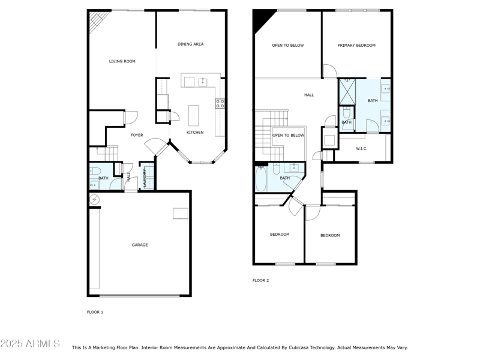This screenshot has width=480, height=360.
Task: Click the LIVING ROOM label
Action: point(122,61)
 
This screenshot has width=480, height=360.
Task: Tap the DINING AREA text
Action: point(190,44)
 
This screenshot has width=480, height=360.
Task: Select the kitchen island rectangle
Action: point(193,115)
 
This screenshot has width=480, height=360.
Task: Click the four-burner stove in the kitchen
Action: point(220,103)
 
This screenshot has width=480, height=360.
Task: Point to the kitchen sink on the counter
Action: point(203,82)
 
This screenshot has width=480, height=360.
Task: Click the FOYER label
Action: point(137,135)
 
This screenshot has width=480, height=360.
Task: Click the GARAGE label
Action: point(140,245)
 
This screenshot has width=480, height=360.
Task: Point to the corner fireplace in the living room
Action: point(96,23)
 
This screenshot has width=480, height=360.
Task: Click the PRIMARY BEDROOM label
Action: point(356,46)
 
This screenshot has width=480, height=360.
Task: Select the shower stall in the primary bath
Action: point(347,91)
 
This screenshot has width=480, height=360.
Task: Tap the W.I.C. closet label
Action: point(361,148)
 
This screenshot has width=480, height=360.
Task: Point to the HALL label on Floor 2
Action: point(309,95)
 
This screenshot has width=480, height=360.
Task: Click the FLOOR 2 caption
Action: point(260,280)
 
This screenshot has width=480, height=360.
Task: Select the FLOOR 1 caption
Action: point(95,312)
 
